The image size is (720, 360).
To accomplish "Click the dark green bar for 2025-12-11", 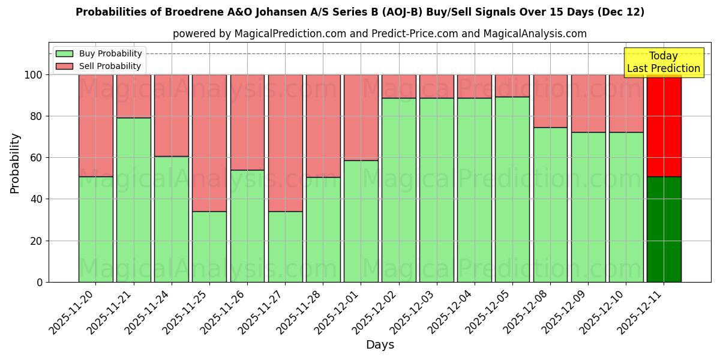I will pyautogui.click(x=664, y=229).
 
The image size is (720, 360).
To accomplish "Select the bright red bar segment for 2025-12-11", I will pyautogui.click(x=664, y=125).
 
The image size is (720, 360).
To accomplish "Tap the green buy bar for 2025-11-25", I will pyautogui.click(x=209, y=247).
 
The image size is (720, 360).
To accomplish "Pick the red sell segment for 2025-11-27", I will pyautogui.click(x=285, y=143).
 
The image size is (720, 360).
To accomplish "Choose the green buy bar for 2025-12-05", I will pyautogui.click(x=512, y=189).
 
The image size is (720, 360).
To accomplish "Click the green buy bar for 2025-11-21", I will pyautogui.click(x=133, y=200).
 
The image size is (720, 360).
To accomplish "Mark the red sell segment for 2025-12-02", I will pyautogui.click(x=398, y=86).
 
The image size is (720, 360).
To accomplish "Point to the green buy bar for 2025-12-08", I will pyautogui.click(x=550, y=205).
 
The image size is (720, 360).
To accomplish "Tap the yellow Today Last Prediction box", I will pyautogui.click(x=663, y=62).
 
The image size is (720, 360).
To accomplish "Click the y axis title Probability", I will pyautogui.click(x=15, y=163).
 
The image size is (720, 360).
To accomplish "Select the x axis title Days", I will pyautogui.click(x=380, y=345).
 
